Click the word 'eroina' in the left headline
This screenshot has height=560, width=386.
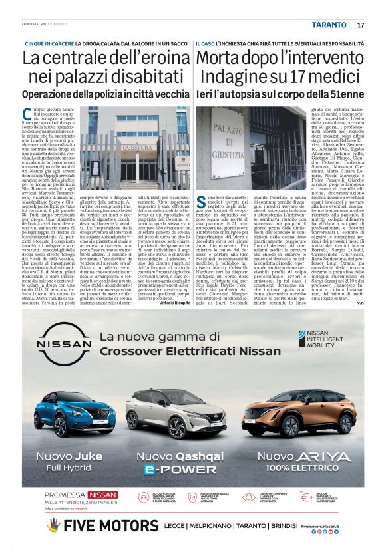tap(154, 58)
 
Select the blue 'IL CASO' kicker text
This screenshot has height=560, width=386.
tap(207, 43)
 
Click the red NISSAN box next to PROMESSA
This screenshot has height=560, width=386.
tap(99, 495)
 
